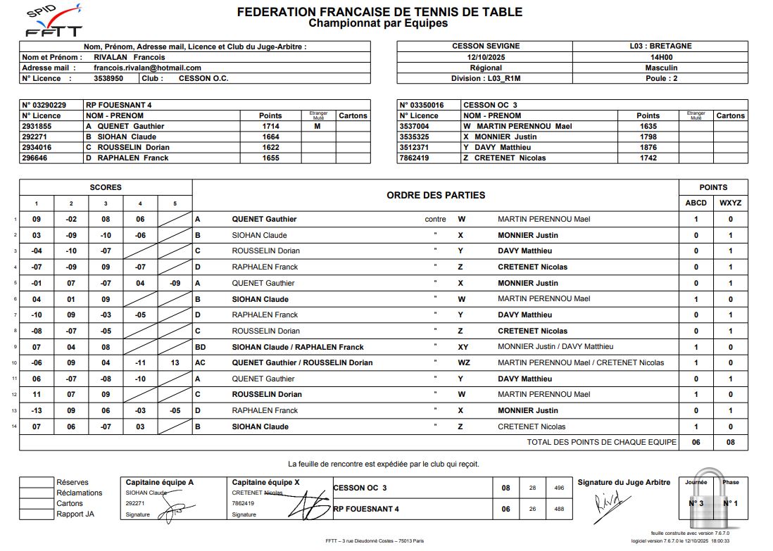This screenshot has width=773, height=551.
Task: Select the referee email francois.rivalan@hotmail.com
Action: [144, 68]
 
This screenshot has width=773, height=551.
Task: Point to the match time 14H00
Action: [660, 57]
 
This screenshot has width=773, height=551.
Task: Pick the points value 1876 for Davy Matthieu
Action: [648, 147]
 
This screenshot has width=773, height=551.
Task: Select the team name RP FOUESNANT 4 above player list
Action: [119, 105]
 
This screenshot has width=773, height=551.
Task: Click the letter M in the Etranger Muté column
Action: [318, 126]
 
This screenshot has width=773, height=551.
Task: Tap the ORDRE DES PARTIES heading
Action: [436, 195]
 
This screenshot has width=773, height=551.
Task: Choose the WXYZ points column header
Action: [730, 203]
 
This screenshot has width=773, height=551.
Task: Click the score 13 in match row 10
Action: [175, 363]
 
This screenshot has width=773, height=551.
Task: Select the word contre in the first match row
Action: [436, 220]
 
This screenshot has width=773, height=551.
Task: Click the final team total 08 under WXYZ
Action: [730, 443]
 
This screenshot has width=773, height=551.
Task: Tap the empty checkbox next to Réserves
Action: [37, 483]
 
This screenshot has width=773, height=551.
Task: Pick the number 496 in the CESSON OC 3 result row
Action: [560, 488]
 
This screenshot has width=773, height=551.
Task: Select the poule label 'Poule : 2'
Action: [660, 78]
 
